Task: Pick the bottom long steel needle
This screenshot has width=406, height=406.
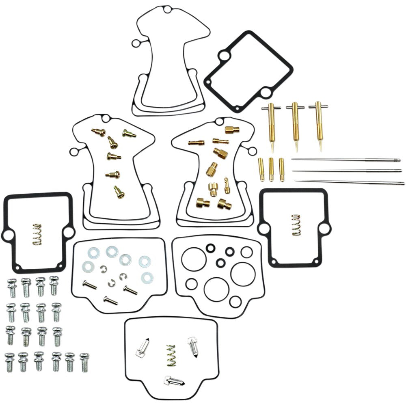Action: coord(349,182)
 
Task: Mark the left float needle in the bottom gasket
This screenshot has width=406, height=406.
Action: coord(142,348)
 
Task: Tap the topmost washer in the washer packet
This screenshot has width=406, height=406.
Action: coord(111,252)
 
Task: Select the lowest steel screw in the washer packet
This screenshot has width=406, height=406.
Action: coord(110,300)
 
